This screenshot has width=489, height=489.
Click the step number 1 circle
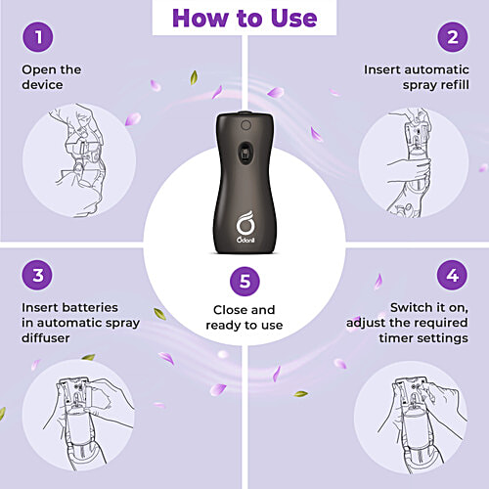(38, 37)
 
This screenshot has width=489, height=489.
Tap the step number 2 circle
(453, 37)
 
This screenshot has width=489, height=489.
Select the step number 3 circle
(37, 275)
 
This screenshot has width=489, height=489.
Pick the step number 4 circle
(452, 275)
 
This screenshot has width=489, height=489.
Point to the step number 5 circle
(244, 281)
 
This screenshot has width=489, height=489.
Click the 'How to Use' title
(244, 18)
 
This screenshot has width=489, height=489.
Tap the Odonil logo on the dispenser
(245, 227)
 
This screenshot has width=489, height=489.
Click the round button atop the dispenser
(245, 125)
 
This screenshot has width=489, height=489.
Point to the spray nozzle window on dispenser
(245, 153)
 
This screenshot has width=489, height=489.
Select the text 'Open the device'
(52, 77)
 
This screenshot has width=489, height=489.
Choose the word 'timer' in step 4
(393, 338)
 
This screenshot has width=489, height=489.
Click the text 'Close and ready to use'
(244, 317)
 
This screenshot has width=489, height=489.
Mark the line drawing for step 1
(79, 160)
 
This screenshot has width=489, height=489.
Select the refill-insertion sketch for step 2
(410, 162)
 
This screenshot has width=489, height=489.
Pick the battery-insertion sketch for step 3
(89, 423)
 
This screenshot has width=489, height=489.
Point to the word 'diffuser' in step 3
(46, 338)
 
